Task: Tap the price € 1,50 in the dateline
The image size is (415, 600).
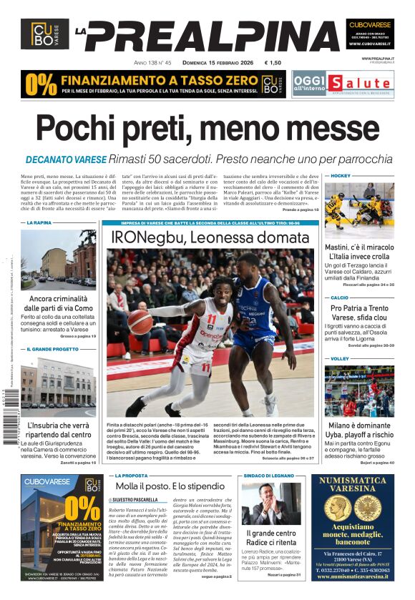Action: (273, 63)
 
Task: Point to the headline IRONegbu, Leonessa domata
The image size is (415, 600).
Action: (210, 237)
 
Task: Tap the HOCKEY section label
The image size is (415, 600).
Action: (341, 175)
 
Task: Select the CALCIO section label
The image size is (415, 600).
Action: (339, 297)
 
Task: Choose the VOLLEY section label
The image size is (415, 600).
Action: (339, 358)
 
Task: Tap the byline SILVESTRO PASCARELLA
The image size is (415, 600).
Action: (136, 499)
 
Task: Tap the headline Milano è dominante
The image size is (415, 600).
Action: (359, 426)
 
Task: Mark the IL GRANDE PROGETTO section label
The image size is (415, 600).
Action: (52, 349)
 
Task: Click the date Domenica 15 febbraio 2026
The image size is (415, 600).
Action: (210, 63)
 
